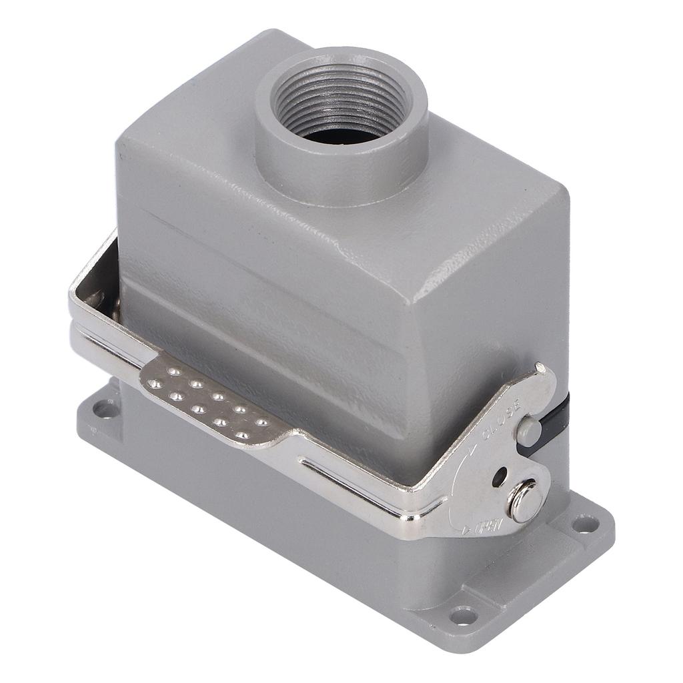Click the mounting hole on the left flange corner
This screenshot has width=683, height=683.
101,408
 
